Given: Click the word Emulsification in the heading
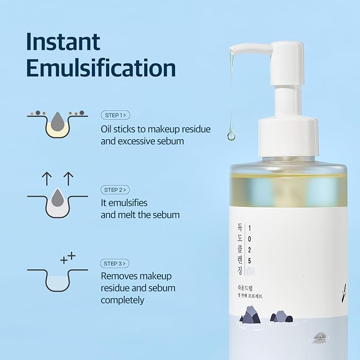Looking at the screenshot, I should click(101, 68).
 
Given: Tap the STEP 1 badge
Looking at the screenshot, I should click(115, 115).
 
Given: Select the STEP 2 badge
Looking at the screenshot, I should click(115, 189).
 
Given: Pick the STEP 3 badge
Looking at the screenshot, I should click(115, 264).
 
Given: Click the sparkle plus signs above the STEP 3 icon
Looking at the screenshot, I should click(68, 258).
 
